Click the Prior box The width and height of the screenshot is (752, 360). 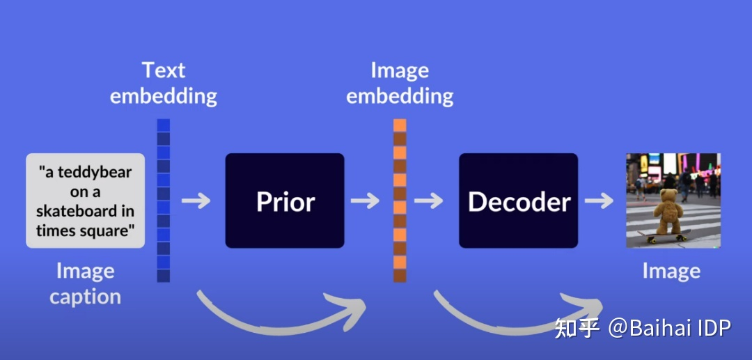pyautogui.click(x=285, y=201)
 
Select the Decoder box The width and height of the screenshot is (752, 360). pyautogui.click(x=518, y=201)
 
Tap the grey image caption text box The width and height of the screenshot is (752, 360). pyautogui.click(x=85, y=201)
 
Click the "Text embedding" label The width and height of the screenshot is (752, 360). pyautogui.click(x=164, y=83)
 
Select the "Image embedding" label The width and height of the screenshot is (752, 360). pyautogui.click(x=400, y=83)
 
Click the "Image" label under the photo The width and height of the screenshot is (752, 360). pyautogui.click(x=671, y=271)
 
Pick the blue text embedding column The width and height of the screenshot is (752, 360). pyautogui.click(x=164, y=201)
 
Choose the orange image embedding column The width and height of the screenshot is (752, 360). pyautogui.click(x=400, y=201)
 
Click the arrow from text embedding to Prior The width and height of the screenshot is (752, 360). pyautogui.click(x=196, y=201)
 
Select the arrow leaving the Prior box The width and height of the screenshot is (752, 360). pyautogui.click(x=365, y=201)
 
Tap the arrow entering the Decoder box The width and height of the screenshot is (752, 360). pyautogui.click(x=429, y=201)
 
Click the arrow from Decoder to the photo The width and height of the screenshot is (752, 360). pyautogui.click(x=599, y=201)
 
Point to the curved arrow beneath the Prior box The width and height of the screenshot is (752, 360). pyautogui.click(x=279, y=317)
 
